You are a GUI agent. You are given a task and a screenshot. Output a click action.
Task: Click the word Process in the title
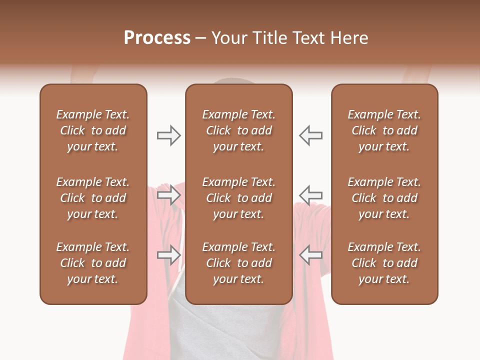pyautogui.click(x=157, y=38)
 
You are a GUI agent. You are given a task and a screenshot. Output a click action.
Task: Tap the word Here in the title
pyautogui.click(x=349, y=38)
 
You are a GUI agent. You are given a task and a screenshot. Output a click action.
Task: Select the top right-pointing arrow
pyautogui.click(x=168, y=135)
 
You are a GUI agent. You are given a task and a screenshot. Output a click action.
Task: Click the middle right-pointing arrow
pyautogui.click(x=168, y=194)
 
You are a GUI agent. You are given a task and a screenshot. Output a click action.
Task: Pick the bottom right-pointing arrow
pyautogui.click(x=168, y=254)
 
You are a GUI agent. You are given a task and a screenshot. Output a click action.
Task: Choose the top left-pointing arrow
pyautogui.click(x=310, y=135)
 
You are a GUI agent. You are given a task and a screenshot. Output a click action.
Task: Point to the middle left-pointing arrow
pyautogui.click(x=310, y=194)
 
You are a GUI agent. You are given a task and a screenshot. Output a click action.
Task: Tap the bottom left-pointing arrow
pyautogui.click(x=310, y=254)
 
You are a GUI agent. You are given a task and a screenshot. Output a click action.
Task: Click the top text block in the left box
pyautogui.click(x=93, y=130)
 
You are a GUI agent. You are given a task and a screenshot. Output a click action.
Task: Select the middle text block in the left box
pyautogui.click(x=93, y=198)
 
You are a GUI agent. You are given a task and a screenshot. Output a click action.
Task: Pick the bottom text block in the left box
pyautogui.click(x=93, y=263)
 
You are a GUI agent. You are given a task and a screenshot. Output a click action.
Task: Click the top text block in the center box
pyautogui.click(x=238, y=130)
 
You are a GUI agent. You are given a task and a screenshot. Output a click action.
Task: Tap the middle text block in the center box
pyautogui.click(x=238, y=198)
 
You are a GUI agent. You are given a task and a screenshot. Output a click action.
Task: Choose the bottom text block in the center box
pyautogui.click(x=238, y=263)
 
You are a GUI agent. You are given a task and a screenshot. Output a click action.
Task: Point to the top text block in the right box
pyautogui.click(x=384, y=130)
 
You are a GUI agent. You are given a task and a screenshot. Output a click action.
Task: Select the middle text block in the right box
pyautogui.click(x=384, y=198)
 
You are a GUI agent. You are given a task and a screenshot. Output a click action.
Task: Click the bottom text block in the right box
pyautogui.click(x=384, y=263)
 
